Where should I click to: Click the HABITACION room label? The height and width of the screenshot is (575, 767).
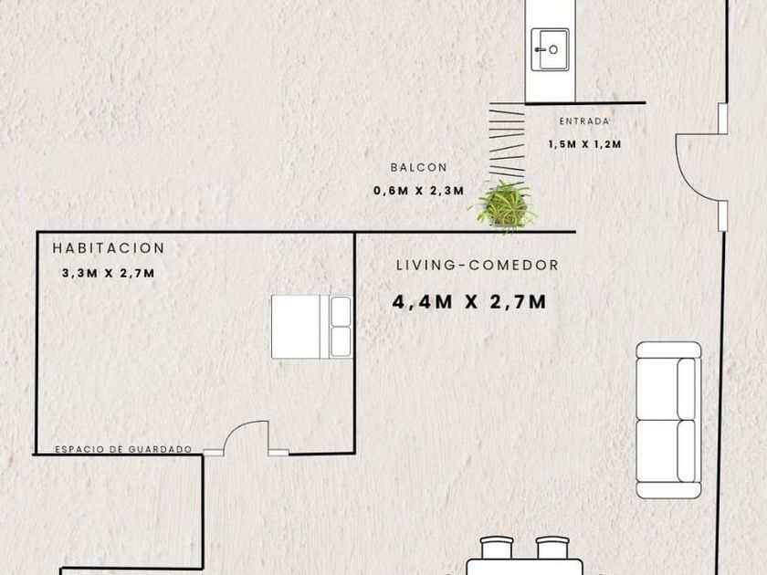click(x=108, y=248)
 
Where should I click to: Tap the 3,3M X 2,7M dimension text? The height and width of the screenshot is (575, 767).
click(x=108, y=273)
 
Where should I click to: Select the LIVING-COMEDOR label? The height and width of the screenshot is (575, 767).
click(x=478, y=265)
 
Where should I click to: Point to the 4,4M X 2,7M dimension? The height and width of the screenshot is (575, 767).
click(x=469, y=302)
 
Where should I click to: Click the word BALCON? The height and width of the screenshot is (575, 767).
click(x=419, y=167)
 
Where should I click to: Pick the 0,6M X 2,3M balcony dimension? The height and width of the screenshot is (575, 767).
click(x=419, y=191)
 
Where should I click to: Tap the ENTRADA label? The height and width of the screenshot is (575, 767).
click(x=584, y=121)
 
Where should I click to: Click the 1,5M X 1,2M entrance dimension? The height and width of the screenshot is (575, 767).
click(x=585, y=144)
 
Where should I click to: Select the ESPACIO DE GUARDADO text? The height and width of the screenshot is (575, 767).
click(x=123, y=449)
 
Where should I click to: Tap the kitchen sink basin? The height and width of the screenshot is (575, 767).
click(x=551, y=49)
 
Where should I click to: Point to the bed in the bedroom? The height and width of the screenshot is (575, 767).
click(x=311, y=327)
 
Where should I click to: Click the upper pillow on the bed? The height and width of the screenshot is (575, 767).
click(x=341, y=311)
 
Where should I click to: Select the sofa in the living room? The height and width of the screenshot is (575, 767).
click(x=668, y=420)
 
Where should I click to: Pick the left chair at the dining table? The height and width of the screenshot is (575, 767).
click(x=497, y=549)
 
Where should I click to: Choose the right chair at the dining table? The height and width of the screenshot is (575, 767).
click(x=552, y=549)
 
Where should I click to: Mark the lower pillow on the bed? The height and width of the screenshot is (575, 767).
click(x=341, y=341)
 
